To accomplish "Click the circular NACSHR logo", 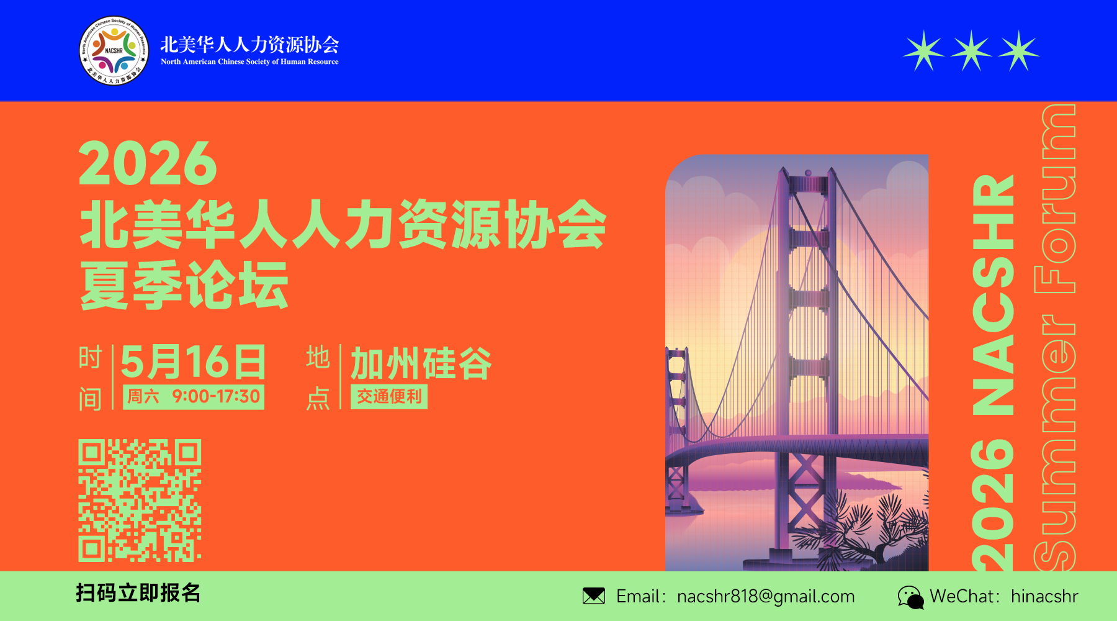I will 114,51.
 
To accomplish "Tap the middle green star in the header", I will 971,51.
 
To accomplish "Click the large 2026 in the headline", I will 148,163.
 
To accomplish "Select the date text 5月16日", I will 193,362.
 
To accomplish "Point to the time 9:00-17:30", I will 216,396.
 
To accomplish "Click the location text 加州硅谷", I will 421,363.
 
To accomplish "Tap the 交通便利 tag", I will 389,397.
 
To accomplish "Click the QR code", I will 140,501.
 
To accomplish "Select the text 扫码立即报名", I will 138,593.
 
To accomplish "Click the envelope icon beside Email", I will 594,596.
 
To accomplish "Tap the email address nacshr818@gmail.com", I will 766,596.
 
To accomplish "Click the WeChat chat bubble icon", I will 910,597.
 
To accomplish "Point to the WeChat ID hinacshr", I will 1044,596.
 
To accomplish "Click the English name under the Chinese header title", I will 249,61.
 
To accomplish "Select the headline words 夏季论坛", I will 184,286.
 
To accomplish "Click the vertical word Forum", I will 1055,199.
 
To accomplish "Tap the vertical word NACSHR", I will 993,295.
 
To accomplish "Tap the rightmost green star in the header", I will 1018,51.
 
